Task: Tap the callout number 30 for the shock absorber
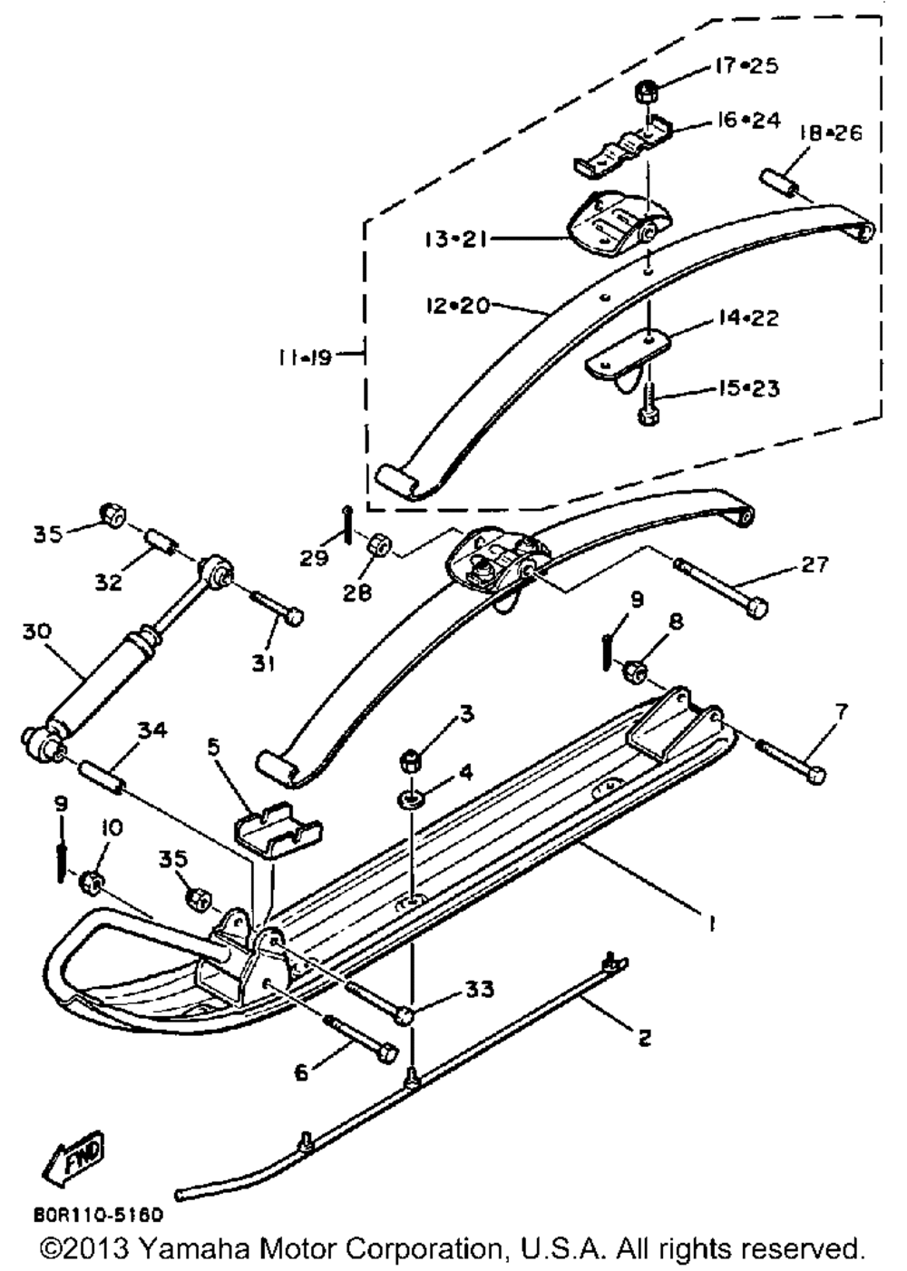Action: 37,631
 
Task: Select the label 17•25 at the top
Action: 746,65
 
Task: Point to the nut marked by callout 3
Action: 410,759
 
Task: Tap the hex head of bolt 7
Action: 815,775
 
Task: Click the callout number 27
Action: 814,564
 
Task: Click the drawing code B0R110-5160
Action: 98,1215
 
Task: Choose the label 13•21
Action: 456,240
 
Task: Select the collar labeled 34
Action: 102,773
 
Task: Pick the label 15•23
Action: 746,388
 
